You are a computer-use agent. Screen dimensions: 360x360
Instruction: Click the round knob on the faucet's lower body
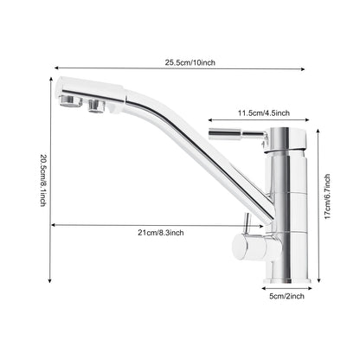click(x=254, y=248)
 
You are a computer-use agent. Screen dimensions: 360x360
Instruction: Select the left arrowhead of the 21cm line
click(x=53, y=225)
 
